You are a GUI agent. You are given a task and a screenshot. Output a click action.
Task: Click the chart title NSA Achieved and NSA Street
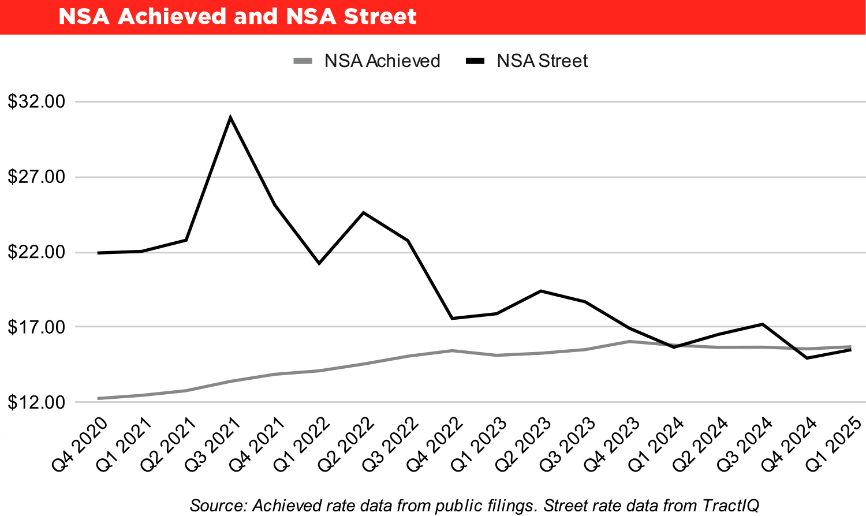click(237, 17)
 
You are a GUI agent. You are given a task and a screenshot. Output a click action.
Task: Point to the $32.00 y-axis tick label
click(36, 102)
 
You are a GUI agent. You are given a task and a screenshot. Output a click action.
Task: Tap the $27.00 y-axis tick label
click(36, 177)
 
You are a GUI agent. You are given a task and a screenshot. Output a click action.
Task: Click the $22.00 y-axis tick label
click(36, 253)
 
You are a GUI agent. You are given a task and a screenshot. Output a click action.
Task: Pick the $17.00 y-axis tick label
click(36, 327)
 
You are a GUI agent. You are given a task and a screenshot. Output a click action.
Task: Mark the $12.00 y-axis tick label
click(36, 402)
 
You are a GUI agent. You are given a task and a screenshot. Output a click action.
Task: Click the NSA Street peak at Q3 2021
click(230, 118)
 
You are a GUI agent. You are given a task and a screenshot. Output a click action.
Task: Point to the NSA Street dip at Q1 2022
click(319, 263)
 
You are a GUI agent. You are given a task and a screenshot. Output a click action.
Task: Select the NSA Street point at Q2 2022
click(363, 212)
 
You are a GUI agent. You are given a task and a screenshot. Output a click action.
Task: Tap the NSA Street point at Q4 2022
click(452, 318)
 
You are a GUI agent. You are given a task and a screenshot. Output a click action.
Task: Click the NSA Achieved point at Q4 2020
click(98, 398)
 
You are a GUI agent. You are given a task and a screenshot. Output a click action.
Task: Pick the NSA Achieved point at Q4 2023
click(629, 341)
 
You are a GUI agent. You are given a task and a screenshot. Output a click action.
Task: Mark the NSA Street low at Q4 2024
click(806, 358)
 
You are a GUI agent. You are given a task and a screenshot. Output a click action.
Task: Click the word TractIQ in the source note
click(730, 506)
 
